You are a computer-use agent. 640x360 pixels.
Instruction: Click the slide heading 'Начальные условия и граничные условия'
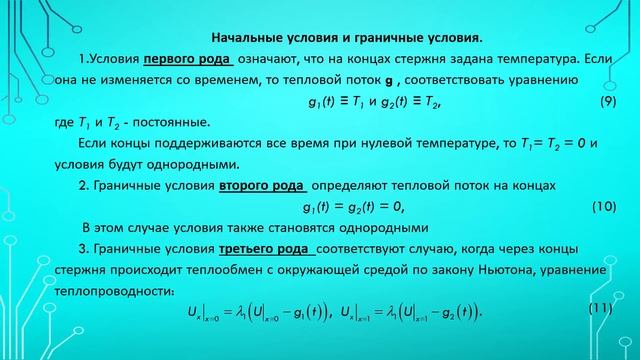pyautogui.click(x=321, y=39)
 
